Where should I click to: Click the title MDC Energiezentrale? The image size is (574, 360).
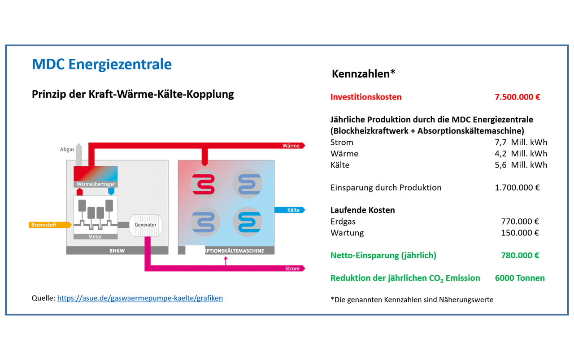pos(102,64)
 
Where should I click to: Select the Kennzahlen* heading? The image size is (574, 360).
pos(363,74)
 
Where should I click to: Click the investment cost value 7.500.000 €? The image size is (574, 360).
pos(517,97)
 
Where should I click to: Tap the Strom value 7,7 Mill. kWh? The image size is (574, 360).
pos(521,143)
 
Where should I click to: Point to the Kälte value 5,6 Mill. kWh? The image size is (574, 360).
pos(521,165)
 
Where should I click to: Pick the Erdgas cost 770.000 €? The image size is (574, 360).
pos(520,221)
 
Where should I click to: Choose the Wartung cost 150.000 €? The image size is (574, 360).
pos(520,233)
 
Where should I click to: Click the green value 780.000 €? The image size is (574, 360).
pos(520,256)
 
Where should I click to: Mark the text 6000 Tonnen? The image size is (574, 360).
pos(520,278)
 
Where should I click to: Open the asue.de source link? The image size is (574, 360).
pos(140,298)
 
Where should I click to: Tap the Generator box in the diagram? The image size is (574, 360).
pos(145,225)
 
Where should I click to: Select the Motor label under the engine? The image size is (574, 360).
pos(95,237)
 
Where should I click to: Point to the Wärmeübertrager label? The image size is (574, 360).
pos(95,184)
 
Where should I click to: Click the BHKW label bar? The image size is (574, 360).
pos(117,251)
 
